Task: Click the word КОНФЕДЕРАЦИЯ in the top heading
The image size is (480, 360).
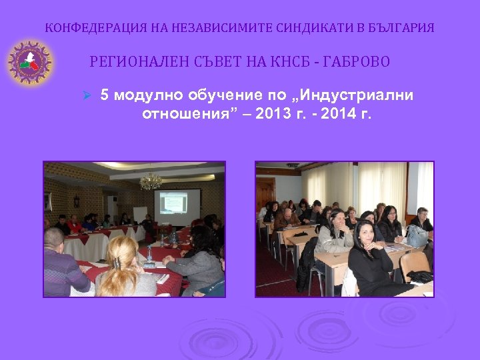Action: (x=83, y=28)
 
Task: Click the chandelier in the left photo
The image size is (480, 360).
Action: (x=151, y=179)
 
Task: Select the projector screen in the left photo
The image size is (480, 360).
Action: (x=177, y=206)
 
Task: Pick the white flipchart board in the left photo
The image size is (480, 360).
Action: (x=141, y=213)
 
